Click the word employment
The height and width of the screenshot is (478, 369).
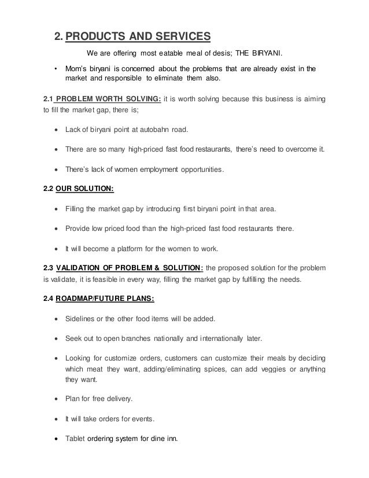pyautogui.click(x=152, y=170)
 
